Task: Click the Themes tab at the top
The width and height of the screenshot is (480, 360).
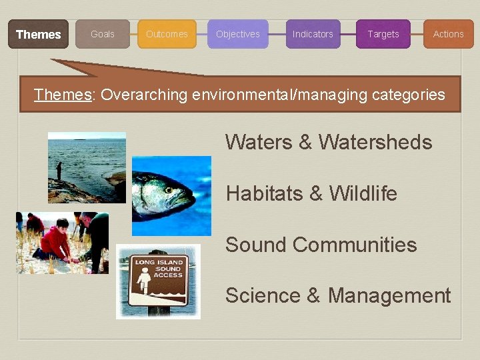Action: click(x=38, y=34)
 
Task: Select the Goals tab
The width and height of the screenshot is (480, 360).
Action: click(x=103, y=34)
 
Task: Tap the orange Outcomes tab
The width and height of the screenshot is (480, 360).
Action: click(x=167, y=34)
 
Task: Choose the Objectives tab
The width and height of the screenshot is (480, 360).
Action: click(x=238, y=34)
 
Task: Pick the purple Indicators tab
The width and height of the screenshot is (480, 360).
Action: click(x=313, y=34)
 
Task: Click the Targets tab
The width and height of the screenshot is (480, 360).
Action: click(x=383, y=34)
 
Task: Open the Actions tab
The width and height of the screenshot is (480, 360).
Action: click(x=448, y=34)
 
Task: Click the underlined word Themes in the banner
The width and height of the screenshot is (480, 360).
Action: click(x=63, y=95)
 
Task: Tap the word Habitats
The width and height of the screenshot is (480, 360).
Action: click(x=265, y=193)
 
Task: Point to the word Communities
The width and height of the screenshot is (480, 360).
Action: click(x=355, y=245)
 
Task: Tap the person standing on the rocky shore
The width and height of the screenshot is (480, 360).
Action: click(x=59, y=171)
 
